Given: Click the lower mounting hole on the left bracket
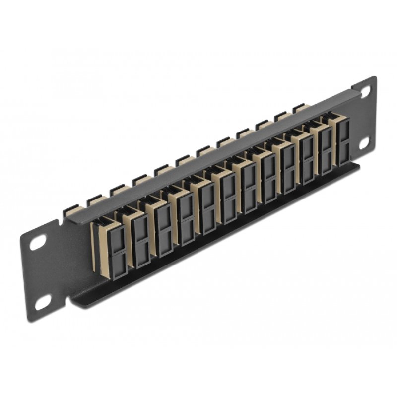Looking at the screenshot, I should [x=44, y=301].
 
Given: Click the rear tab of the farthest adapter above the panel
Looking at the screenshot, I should [x=298, y=107].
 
